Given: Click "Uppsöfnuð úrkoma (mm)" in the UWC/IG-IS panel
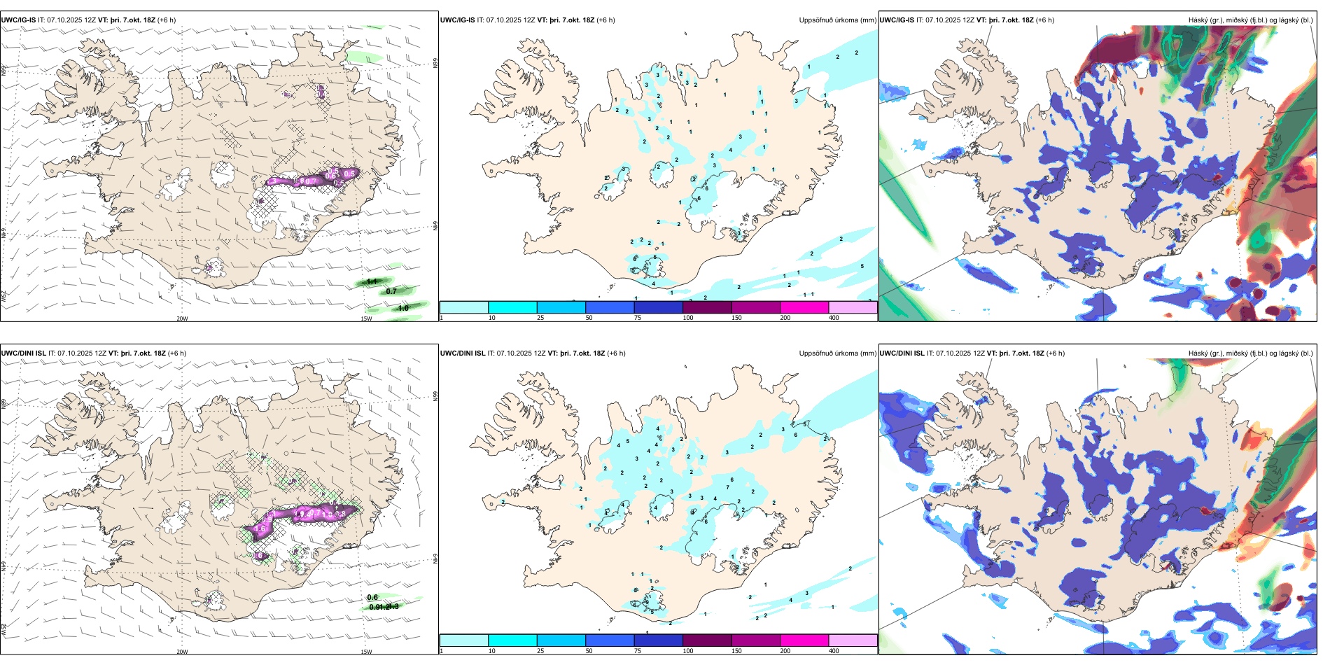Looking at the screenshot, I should (x=837, y=20).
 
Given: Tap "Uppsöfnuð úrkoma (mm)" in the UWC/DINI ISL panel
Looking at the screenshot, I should (x=837, y=353).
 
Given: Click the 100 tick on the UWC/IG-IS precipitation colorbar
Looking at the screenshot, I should (x=688, y=318).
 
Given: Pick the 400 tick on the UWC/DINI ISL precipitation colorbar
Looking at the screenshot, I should (x=834, y=651).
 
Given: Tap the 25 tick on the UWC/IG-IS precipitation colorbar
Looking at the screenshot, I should (x=540, y=318).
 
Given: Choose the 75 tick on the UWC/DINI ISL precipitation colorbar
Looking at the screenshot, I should (x=638, y=651).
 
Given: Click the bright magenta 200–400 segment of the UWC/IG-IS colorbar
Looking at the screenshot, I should (x=804, y=307).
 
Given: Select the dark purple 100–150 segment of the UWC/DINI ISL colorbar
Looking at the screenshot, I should (x=707, y=640).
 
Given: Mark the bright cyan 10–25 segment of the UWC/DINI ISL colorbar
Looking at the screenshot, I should (x=512, y=640).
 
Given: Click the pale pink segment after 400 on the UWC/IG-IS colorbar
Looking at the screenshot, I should (x=853, y=307).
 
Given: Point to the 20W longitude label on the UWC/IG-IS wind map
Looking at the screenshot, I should (x=182, y=318).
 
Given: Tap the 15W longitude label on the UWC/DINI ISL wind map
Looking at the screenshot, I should (x=366, y=652).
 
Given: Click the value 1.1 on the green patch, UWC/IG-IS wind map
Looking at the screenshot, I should (x=372, y=281).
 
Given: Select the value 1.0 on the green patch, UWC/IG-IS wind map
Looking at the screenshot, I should (x=403, y=308).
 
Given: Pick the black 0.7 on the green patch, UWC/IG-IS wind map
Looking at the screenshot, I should (x=391, y=291).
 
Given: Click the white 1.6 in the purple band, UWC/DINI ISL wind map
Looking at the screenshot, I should (x=260, y=529).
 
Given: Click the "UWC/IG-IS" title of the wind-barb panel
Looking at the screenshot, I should (x=18, y=20).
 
